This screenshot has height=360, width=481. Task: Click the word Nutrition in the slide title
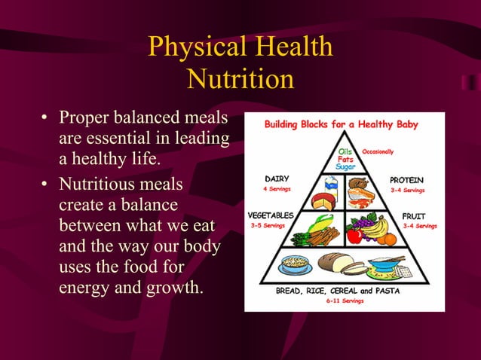[240, 79]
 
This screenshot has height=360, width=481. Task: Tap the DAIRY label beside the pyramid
[277, 179]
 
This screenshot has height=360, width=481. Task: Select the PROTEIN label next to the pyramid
[407, 180]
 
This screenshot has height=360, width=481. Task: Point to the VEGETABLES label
[271, 215]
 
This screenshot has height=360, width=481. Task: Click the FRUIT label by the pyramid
[414, 215]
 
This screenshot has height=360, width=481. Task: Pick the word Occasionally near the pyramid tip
[378, 151]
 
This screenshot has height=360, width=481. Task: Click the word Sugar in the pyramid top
[346, 166]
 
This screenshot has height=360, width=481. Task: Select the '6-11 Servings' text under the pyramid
[345, 301]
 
